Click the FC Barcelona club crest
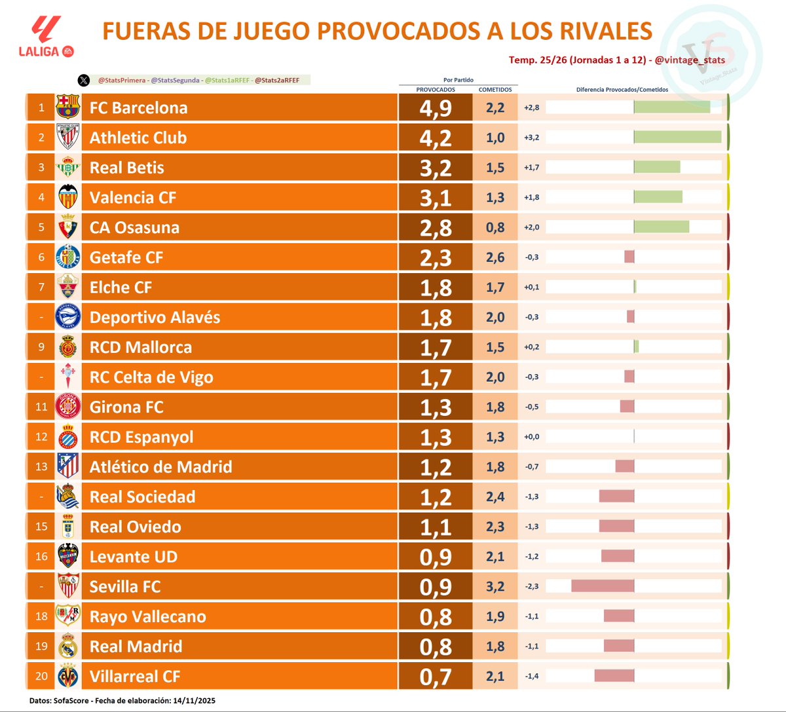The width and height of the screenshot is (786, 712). tap(68, 107)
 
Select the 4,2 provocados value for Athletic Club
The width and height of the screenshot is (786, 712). tap(436, 138)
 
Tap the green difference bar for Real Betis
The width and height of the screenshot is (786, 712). tap(657, 167)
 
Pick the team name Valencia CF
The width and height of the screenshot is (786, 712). tap(133, 198)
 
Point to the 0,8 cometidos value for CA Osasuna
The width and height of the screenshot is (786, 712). tap(495, 228)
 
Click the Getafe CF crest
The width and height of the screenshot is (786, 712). tap(68, 257)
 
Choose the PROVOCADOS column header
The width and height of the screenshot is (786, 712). tap(436, 90)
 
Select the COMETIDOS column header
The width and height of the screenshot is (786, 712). tap(495, 90)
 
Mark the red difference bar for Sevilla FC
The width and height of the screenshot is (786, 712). tap(603, 586)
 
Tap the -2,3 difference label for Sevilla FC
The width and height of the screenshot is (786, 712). tap(532, 586)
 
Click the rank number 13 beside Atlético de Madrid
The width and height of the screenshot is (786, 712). tap(41, 467)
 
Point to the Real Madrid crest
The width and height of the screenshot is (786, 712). tap(68, 646)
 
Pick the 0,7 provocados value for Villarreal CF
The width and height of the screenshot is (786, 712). tap(436, 677)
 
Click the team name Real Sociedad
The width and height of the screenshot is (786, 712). tap(142, 497)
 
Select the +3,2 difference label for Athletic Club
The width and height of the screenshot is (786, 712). tap(532, 138)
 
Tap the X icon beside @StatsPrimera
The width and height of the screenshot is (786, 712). tap(83, 81)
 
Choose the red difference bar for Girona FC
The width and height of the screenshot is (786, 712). tap(627, 407)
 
